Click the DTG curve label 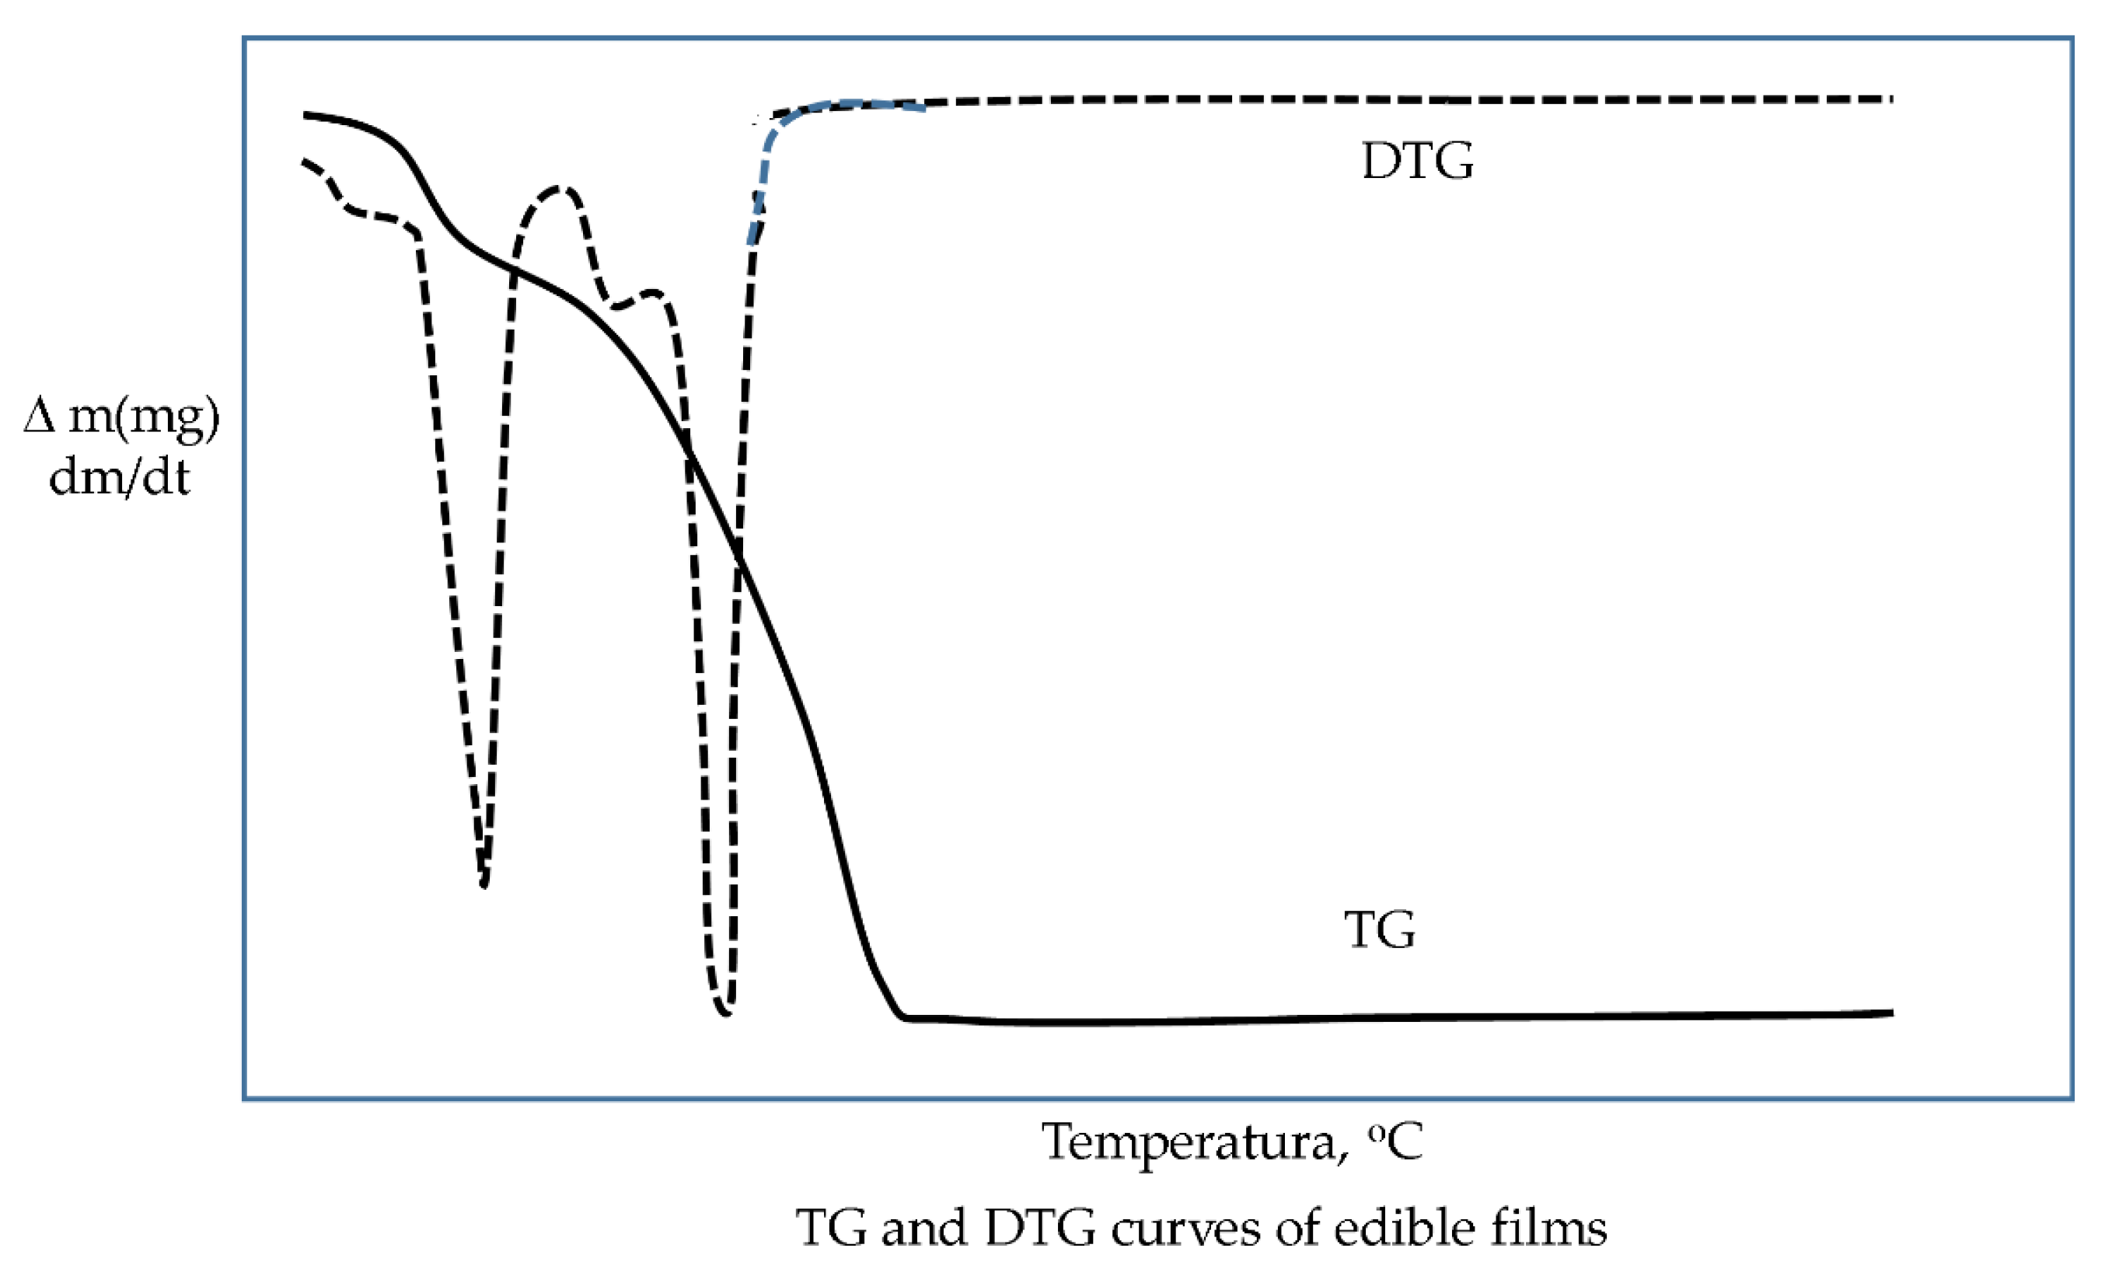tap(1418, 160)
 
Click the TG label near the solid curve tap(1379, 929)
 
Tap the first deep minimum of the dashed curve tap(484, 883)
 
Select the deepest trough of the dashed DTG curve tap(725, 1012)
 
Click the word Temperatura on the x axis tap(1188, 1142)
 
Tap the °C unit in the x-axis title tap(1395, 1142)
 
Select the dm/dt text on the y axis tap(119, 477)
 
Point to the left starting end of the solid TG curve tap(306, 114)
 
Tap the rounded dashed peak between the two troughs tap(561, 189)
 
